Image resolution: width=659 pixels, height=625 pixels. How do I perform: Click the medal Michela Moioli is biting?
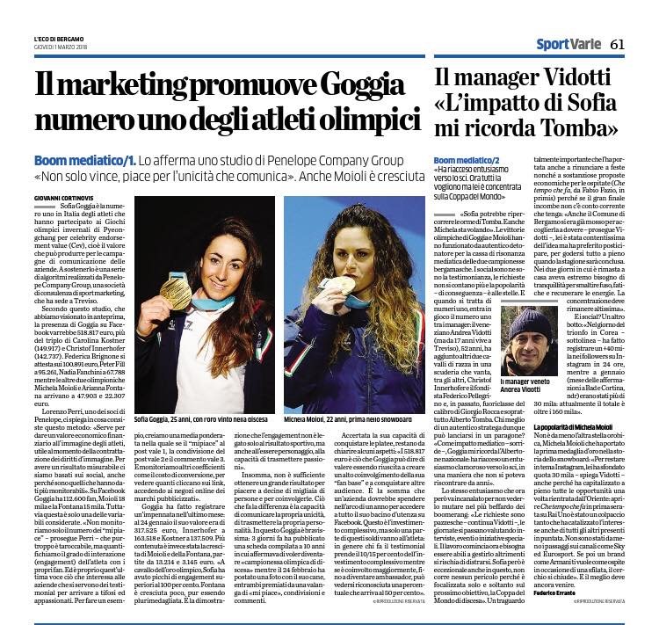tap(345, 286)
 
